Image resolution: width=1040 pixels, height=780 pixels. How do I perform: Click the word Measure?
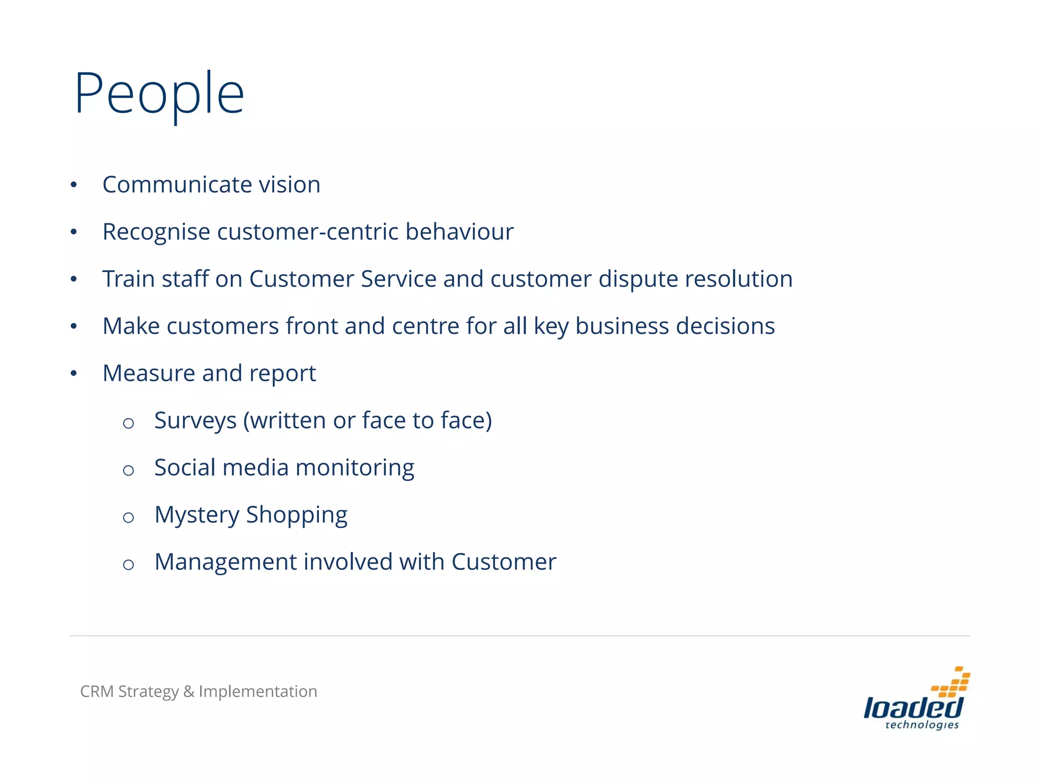click(x=148, y=373)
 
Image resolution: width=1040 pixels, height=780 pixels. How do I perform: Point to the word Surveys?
click(x=196, y=421)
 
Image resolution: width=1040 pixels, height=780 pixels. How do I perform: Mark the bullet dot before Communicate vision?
click(x=74, y=185)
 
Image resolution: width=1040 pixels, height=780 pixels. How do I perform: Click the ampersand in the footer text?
click(x=189, y=692)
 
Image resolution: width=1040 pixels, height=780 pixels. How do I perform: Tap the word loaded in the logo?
click(x=913, y=708)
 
